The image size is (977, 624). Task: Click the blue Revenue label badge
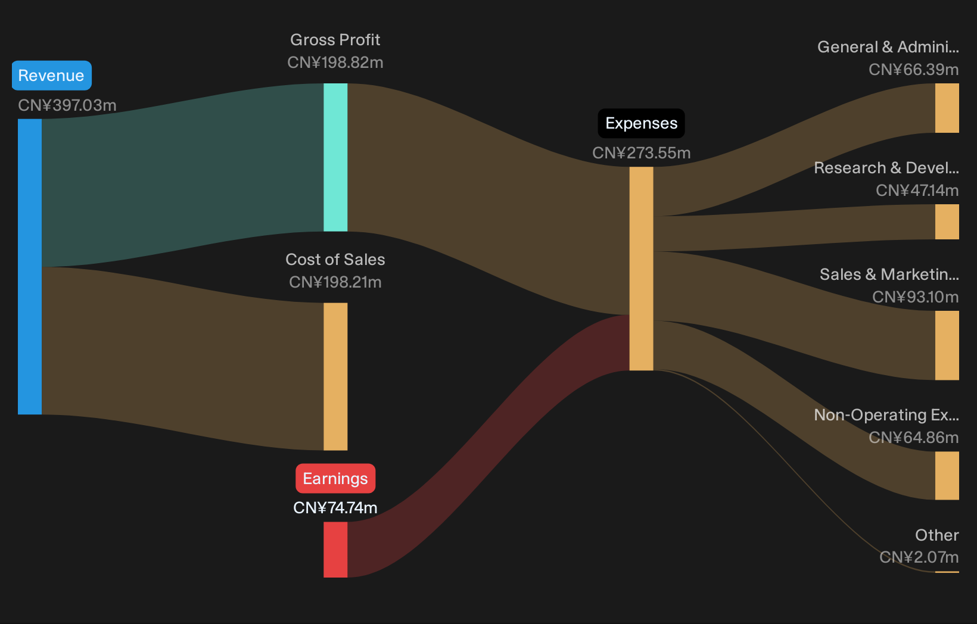[51, 76]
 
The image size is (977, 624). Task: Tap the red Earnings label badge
[335, 478]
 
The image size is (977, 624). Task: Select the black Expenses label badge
[641, 123]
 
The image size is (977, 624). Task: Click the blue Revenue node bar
[30, 266]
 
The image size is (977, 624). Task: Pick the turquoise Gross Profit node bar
[335, 157]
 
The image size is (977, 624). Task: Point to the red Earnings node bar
[335, 550]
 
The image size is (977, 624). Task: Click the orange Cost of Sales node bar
[335, 377]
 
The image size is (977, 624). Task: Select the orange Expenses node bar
[641, 269]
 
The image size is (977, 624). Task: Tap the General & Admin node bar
[947, 108]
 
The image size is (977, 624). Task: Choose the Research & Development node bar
[947, 221]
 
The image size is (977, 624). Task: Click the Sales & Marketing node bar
[947, 345]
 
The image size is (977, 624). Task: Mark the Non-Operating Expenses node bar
[947, 476]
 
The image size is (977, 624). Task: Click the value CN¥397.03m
[67, 105]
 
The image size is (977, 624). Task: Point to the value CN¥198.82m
[335, 63]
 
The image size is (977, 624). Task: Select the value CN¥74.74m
[335, 507]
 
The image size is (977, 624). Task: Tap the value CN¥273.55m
[641, 153]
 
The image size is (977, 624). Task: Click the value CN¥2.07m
[919, 557]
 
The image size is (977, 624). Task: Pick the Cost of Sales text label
[335, 260]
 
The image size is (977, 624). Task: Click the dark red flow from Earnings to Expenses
[488, 445]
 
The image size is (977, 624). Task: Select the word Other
[937, 535]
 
